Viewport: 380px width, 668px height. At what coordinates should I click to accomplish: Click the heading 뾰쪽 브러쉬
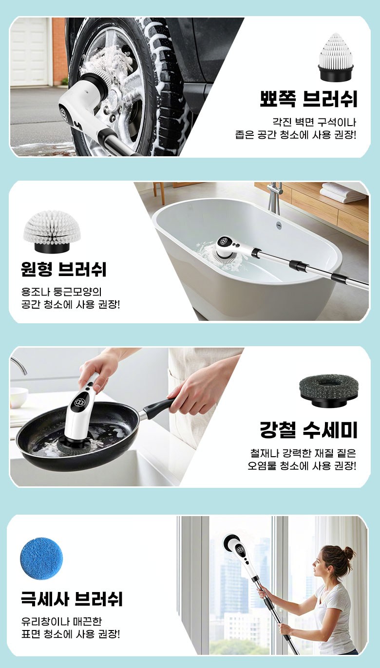click(308, 98)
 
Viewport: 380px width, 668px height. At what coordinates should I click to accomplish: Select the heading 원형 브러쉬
click(64, 269)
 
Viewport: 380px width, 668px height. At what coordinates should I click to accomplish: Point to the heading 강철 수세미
click(308, 430)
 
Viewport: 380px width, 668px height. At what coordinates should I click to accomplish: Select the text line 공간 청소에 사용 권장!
click(71, 304)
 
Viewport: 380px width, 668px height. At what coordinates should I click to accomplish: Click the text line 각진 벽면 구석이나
click(314, 122)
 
